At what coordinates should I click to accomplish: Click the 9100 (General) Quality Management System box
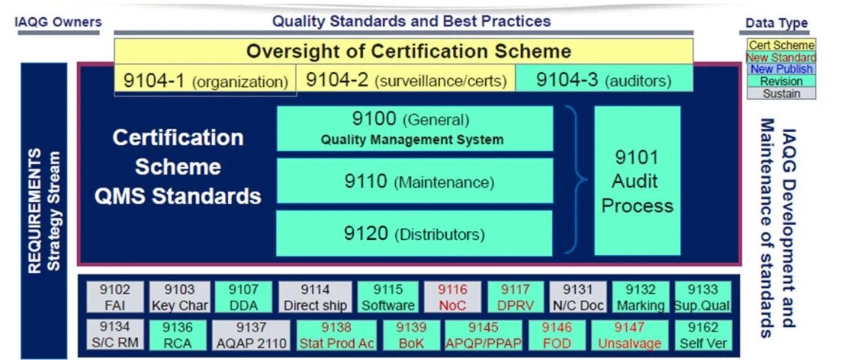(x=415, y=128)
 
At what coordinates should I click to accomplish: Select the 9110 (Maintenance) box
(x=415, y=181)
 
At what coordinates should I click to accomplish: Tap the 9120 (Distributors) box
(x=415, y=232)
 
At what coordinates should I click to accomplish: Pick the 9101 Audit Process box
(x=637, y=181)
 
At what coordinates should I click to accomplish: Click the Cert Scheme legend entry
(x=781, y=45)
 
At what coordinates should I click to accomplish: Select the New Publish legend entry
(x=781, y=69)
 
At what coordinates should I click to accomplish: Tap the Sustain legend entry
(x=781, y=93)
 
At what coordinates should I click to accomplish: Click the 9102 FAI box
(x=115, y=297)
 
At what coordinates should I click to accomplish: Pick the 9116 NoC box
(x=452, y=297)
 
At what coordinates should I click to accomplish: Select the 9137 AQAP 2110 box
(x=251, y=334)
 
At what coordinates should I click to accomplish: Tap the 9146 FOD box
(x=556, y=334)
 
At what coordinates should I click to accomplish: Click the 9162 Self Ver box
(x=703, y=334)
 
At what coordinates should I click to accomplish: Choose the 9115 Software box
(x=388, y=297)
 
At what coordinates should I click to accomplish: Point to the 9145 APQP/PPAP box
(x=484, y=334)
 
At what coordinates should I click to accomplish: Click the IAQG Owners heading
(x=58, y=22)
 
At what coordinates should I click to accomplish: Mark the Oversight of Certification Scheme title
(x=409, y=51)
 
